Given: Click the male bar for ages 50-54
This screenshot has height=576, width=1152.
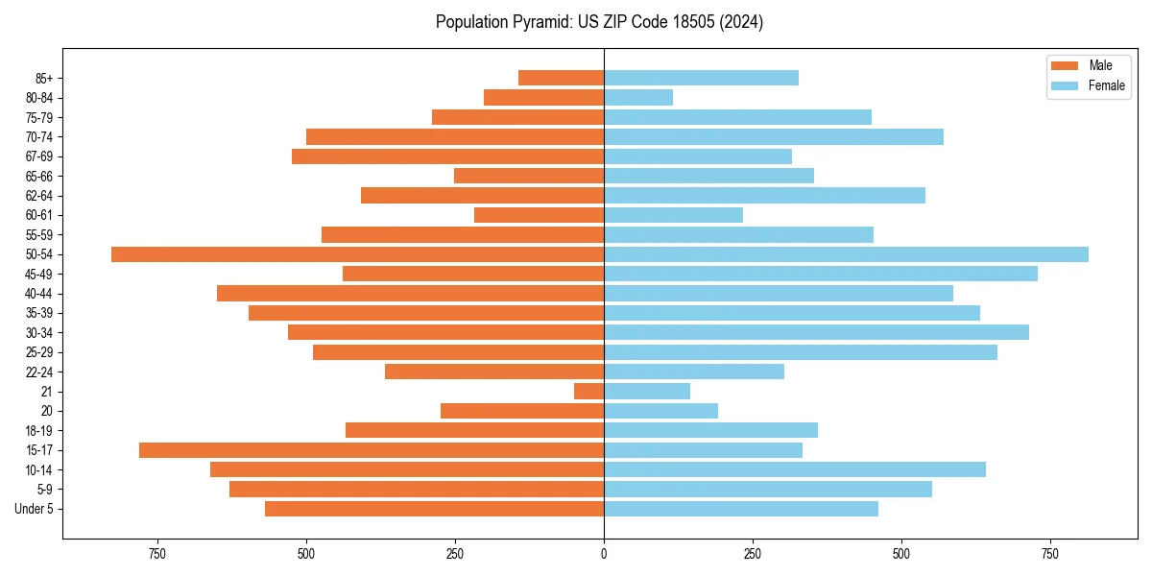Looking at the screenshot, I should (x=357, y=254).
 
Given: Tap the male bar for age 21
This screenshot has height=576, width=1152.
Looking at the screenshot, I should (x=588, y=391).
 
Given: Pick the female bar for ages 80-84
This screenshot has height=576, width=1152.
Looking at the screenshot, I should (x=638, y=97).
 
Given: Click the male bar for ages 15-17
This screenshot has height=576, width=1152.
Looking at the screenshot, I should (x=372, y=450).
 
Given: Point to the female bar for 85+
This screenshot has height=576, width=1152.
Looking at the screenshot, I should (x=701, y=78).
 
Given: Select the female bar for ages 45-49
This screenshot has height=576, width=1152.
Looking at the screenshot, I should (x=821, y=274).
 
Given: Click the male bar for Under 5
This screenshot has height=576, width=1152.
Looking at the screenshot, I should (x=434, y=509).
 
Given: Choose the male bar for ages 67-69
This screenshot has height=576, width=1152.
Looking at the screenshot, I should (x=447, y=156).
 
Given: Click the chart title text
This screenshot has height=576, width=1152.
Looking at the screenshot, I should (x=599, y=22).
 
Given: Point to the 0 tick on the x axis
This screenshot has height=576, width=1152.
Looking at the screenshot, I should (x=604, y=554).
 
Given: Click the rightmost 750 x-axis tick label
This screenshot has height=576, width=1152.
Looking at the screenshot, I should (x=1049, y=554).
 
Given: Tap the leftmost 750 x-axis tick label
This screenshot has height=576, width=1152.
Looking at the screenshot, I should (x=157, y=554).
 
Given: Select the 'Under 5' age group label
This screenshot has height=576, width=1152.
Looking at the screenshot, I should (x=35, y=509).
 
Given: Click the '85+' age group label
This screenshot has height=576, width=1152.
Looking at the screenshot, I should (x=42, y=78).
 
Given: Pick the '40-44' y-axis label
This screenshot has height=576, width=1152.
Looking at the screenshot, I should (x=39, y=294).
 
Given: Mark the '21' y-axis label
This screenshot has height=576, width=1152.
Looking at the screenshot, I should (x=47, y=392).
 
